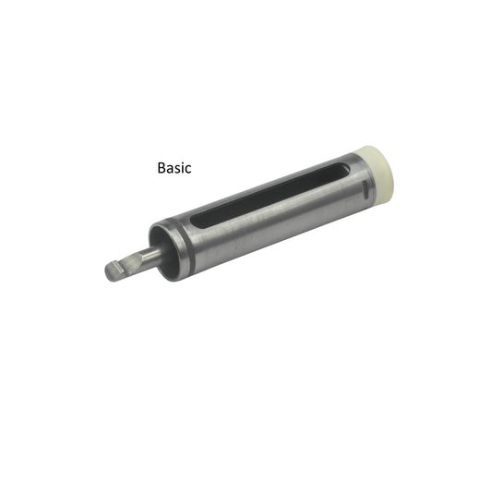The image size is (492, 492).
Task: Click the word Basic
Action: click(x=174, y=168)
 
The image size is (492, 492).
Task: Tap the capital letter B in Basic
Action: click(x=162, y=168)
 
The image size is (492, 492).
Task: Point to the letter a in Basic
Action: click(x=170, y=170)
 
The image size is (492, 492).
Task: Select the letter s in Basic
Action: click(x=177, y=170)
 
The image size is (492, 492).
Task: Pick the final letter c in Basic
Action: click(x=188, y=170)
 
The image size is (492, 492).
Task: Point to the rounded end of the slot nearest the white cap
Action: click(x=345, y=169)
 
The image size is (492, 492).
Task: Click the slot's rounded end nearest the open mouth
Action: click(x=196, y=222)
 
